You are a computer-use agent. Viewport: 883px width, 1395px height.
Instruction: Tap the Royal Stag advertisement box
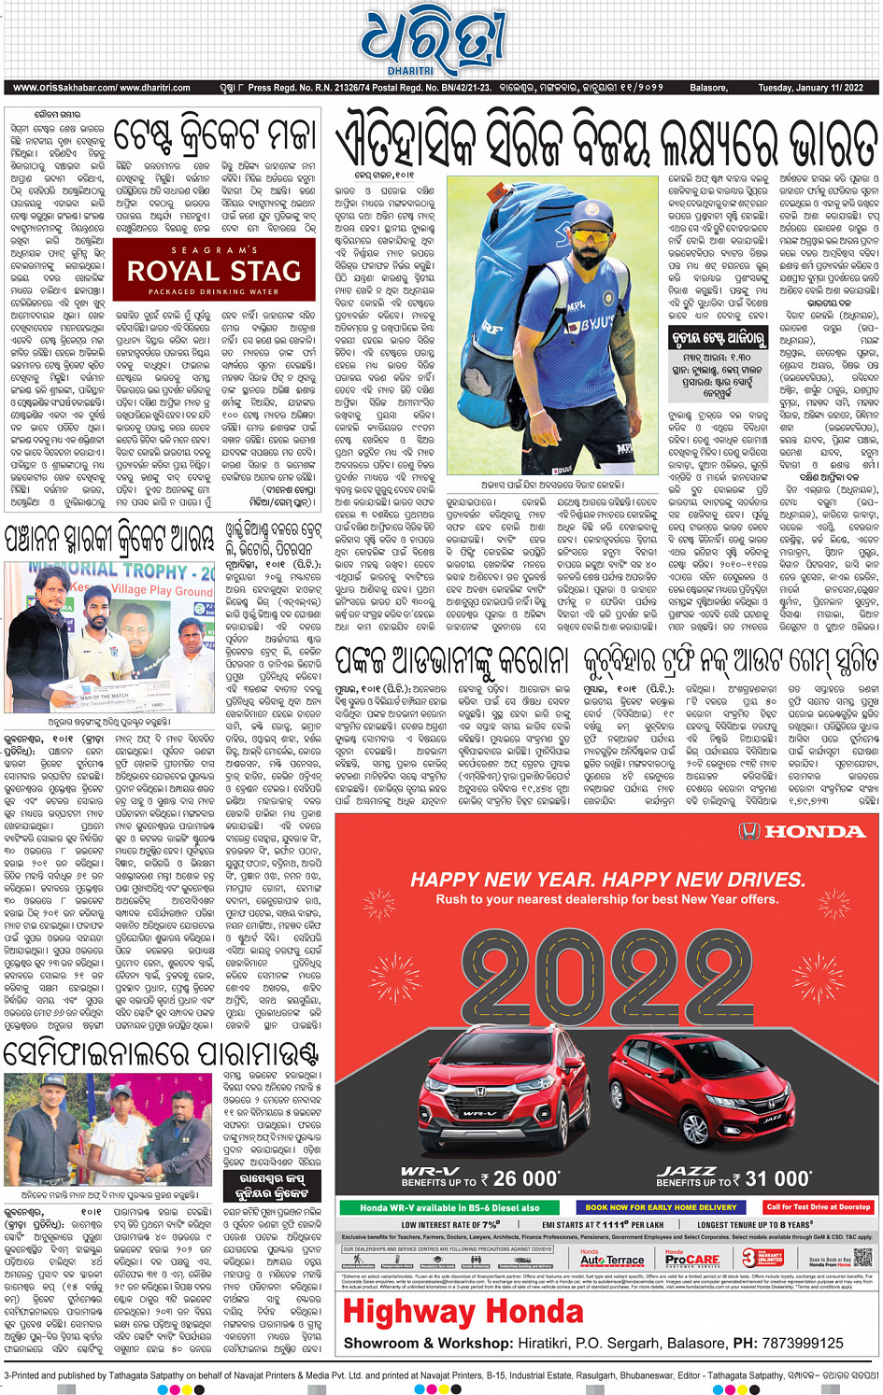point(214,270)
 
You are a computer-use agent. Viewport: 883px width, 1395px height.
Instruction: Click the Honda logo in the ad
point(803,831)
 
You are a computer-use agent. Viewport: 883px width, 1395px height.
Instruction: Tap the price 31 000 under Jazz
point(778,1178)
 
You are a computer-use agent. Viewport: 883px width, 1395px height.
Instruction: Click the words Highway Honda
point(463,1312)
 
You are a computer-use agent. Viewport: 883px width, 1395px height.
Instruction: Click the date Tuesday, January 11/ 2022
point(810,88)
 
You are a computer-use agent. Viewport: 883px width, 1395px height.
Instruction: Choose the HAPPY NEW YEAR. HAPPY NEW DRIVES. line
point(607,880)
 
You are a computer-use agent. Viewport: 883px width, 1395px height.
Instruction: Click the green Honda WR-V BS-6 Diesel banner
point(449,1207)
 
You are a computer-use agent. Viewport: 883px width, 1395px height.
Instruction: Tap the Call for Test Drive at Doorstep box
point(818,1207)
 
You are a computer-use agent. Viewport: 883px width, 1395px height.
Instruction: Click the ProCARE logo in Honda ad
point(692,1259)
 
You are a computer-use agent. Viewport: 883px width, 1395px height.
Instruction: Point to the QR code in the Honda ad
point(862,1257)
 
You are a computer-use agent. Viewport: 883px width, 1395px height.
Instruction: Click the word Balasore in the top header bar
point(708,88)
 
